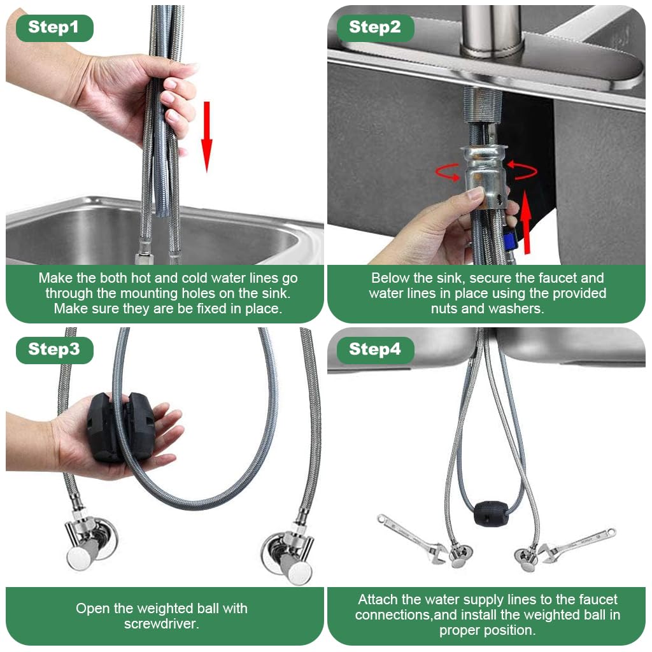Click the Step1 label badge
click(x=54, y=28)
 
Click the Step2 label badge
click(x=375, y=27)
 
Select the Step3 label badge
click(x=54, y=350)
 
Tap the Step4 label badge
click(x=375, y=350)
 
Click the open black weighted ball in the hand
click(x=120, y=427)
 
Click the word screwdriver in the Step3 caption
click(x=161, y=624)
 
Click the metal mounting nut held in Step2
click(x=483, y=172)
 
